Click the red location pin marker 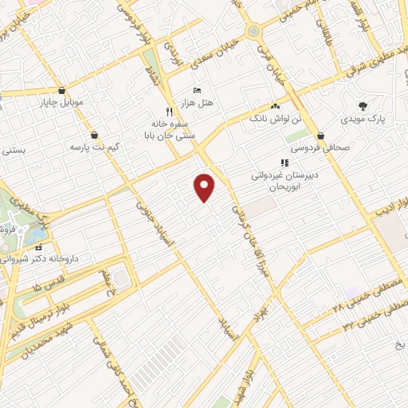(206, 187)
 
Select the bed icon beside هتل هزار (198, 90)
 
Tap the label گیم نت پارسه (88, 147)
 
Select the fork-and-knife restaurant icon (168, 111)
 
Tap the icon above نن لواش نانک (276, 106)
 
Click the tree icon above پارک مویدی (364, 105)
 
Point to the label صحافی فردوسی (316, 148)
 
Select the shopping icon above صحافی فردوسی (320, 135)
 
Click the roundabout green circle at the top (254, 31)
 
